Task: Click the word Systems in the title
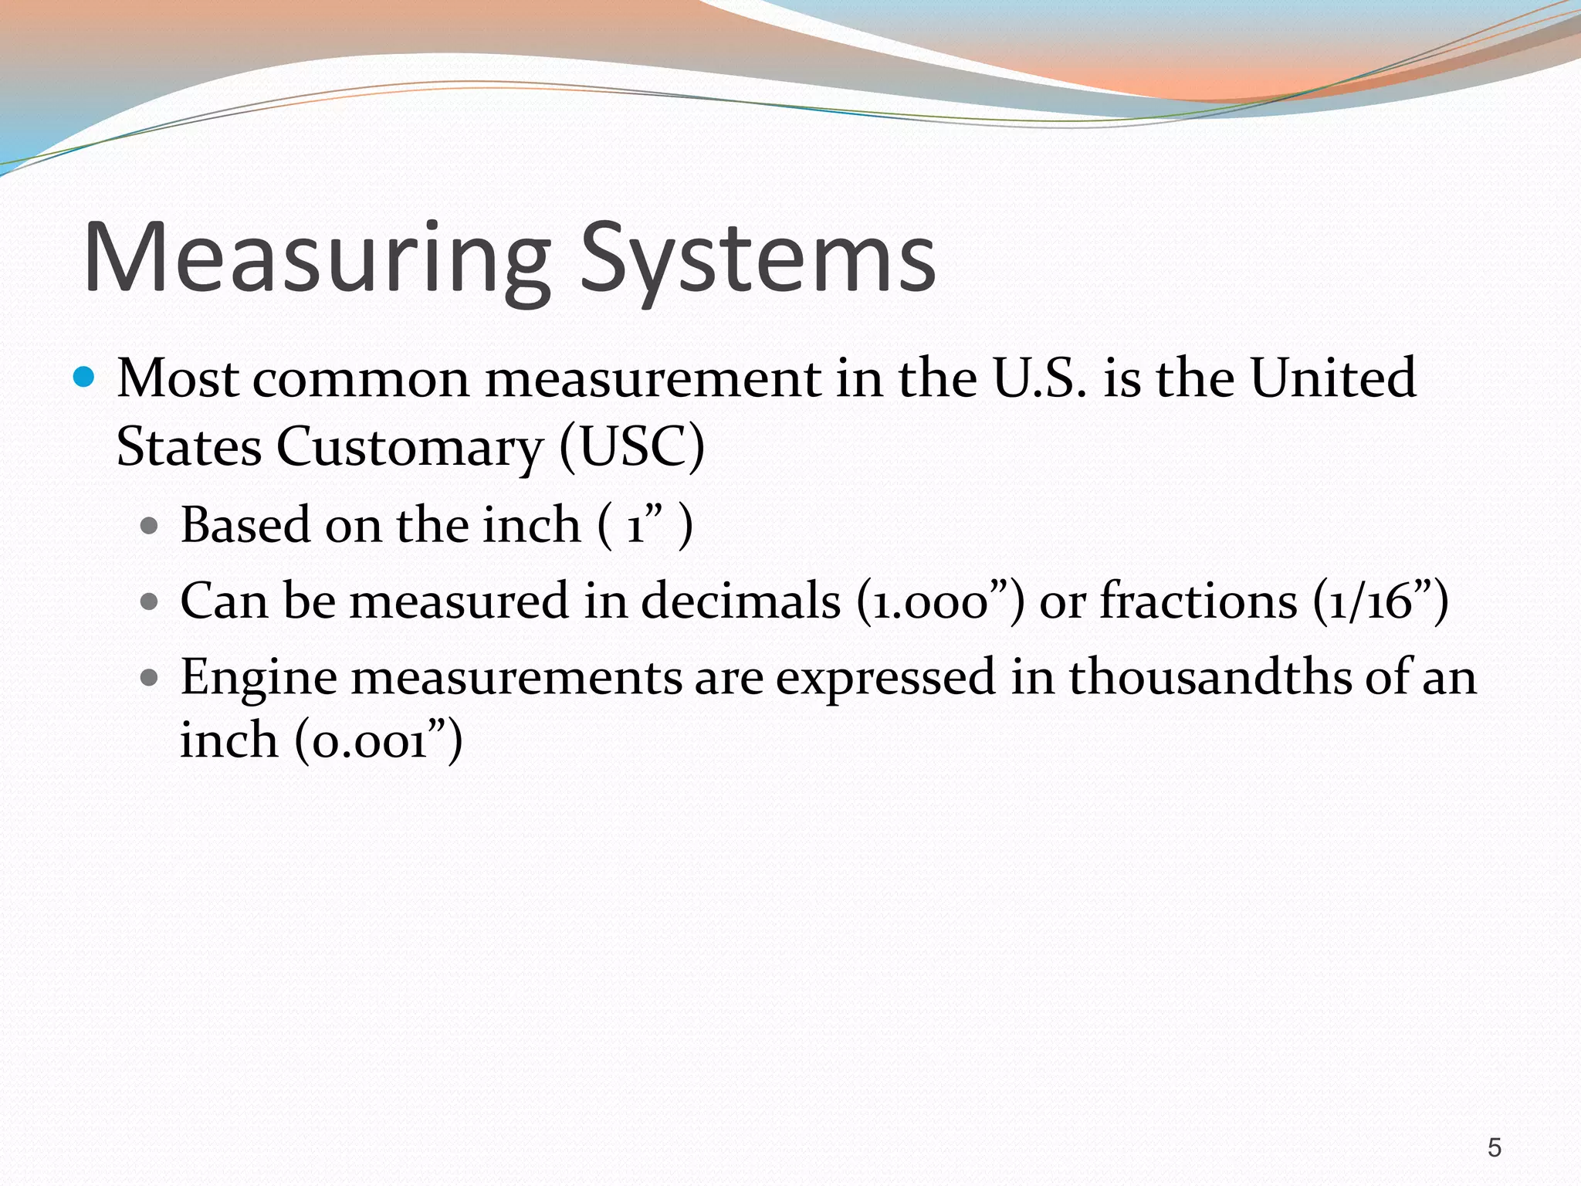point(758,259)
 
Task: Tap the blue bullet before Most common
point(83,378)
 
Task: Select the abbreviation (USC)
point(631,446)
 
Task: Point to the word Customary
point(410,448)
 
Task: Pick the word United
point(1333,378)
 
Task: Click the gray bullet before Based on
point(150,527)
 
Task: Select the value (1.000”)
point(940,601)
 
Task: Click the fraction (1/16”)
point(1380,601)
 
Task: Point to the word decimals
point(740,601)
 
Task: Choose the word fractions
point(1199,601)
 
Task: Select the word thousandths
point(1210,677)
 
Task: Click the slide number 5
point(1495,1148)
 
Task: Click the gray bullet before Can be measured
point(150,601)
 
